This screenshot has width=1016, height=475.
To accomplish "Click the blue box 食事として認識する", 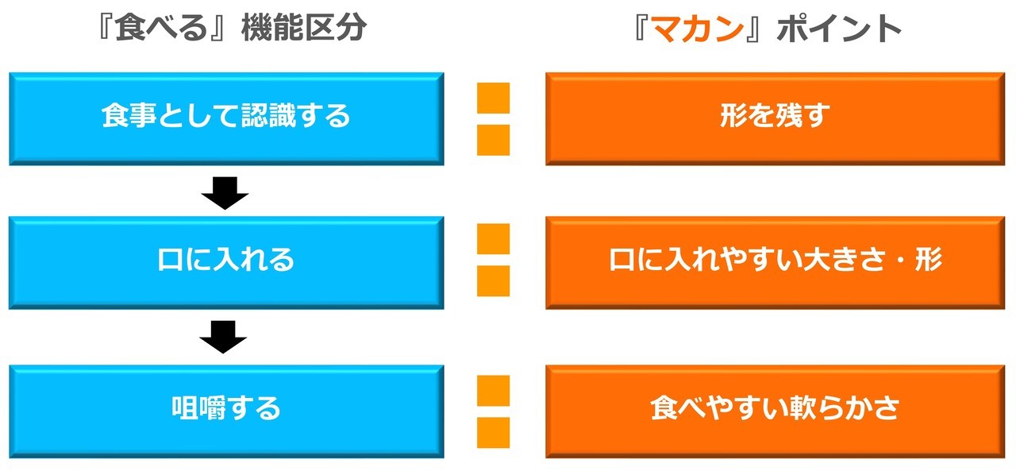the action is [226, 118].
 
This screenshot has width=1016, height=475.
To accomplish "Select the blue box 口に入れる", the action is [226, 262].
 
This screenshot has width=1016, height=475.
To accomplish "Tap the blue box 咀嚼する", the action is [226, 411].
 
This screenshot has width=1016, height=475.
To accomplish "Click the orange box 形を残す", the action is [775, 118].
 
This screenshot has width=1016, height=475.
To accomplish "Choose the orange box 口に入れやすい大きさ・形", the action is [775, 262].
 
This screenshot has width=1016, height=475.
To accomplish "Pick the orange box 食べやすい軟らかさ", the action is [775, 411].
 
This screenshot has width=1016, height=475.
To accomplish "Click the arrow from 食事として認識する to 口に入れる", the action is [225, 193].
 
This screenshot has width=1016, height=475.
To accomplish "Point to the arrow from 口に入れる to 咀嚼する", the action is [223, 337].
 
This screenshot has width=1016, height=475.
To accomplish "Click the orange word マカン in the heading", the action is [698, 28].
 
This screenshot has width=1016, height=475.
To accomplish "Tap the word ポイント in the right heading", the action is [839, 28].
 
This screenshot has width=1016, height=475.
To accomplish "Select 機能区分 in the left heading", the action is [304, 27].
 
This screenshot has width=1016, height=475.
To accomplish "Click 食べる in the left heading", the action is [161, 27].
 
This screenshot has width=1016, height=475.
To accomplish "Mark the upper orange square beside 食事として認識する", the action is [493, 98].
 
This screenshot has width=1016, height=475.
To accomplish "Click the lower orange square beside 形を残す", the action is [493, 140].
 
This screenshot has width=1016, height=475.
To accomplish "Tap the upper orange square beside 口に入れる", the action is [493, 239].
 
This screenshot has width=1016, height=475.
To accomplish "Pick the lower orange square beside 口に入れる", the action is [493, 281].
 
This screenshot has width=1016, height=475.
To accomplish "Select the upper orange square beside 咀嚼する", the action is [493, 391].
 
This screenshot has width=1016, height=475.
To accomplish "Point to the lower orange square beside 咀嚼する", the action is [493, 433].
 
